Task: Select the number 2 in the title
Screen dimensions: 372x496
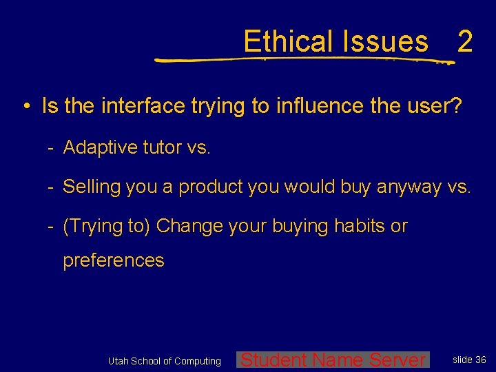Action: [x=465, y=41]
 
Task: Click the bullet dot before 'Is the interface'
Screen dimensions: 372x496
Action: [x=25, y=107]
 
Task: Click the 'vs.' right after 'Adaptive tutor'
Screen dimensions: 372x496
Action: [x=198, y=147]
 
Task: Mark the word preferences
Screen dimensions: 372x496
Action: [x=114, y=260]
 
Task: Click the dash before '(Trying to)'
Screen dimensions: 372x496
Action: [x=51, y=226]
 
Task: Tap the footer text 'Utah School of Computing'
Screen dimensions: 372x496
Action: [x=165, y=361]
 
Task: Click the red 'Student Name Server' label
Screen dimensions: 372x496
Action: [x=333, y=360]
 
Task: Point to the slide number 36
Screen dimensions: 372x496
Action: [x=481, y=360]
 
